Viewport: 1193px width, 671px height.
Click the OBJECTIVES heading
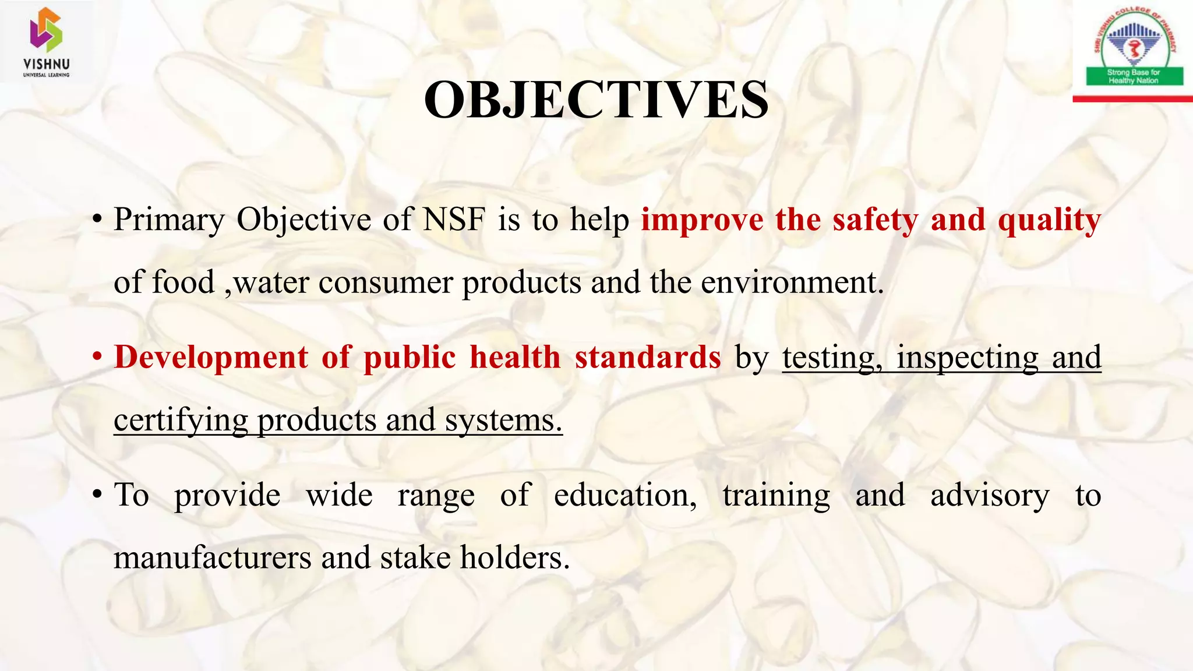(596, 100)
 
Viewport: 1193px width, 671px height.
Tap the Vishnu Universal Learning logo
(46, 42)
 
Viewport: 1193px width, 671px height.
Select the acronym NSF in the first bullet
(454, 220)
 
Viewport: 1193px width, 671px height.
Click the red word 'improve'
(702, 221)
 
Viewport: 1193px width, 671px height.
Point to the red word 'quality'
(1049, 221)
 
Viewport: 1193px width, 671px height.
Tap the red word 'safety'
(875, 221)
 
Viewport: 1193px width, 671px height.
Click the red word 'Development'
(211, 357)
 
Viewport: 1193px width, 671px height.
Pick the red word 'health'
(515, 357)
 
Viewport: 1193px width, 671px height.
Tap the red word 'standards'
(648, 357)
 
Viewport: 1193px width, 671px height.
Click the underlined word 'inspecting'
(967, 357)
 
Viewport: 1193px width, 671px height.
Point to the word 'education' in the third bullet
(624, 495)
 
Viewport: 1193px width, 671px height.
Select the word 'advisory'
(990, 495)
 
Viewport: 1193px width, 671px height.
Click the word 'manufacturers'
(212, 557)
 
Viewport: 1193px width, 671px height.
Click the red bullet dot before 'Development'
(97, 358)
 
